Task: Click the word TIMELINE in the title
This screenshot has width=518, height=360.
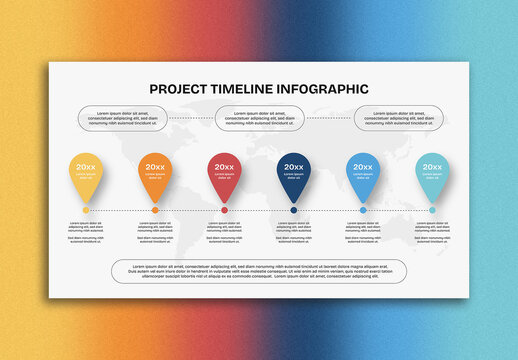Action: [237, 89]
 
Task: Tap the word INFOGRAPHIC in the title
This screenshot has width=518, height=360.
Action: [318, 89]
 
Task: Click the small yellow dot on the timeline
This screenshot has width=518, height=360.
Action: [86, 210]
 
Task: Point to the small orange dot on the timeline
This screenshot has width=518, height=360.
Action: [155, 210]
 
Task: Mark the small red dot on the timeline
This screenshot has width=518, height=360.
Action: [224, 210]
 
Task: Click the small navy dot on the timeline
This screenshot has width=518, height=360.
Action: [294, 210]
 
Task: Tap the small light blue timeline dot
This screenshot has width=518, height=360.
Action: [363, 210]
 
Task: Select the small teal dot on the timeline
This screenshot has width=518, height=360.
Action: [432, 210]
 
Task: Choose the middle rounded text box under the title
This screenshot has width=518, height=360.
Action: [259, 119]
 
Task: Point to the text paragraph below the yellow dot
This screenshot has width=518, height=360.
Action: [86, 232]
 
